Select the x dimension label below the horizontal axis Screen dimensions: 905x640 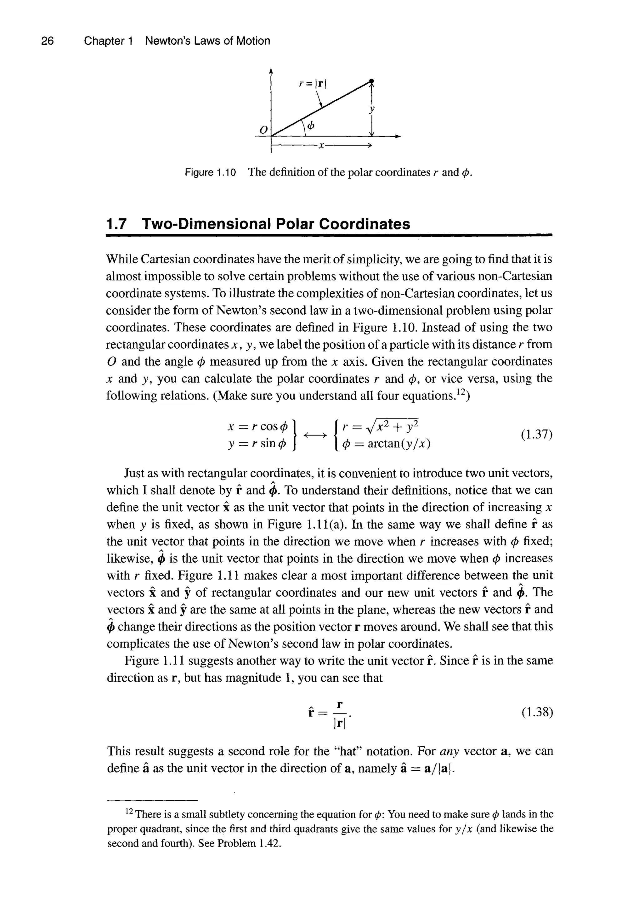[321, 146]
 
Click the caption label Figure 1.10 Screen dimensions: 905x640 [210, 173]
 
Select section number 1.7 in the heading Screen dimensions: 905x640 [117, 224]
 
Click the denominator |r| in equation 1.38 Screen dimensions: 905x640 [339, 723]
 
